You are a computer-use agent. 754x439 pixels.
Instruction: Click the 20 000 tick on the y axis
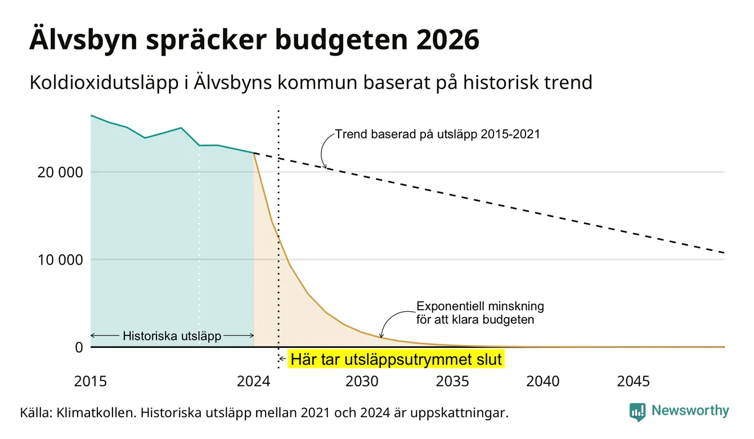click(60, 172)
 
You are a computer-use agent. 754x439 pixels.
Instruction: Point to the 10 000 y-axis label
click(60, 260)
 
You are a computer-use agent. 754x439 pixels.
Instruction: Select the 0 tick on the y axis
click(79, 347)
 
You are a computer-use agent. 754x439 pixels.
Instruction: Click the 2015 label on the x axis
click(90, 382)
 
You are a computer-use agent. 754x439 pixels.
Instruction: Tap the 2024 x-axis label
click(253, 382)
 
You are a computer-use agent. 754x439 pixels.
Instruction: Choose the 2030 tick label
click(362, 382)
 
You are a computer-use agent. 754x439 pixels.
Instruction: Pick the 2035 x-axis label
click(452, 382)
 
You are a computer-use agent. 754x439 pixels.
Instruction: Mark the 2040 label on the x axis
click(543, 382)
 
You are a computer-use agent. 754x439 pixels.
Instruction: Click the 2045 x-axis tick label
click(633, 382)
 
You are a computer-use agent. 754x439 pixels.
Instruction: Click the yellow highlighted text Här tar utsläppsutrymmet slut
click(396, 359)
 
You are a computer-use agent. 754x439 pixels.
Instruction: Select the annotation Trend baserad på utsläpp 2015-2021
click(438, 135)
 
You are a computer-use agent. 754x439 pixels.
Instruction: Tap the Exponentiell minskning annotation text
click(480, 306)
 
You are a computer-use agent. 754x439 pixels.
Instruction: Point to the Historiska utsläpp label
click(172, 336)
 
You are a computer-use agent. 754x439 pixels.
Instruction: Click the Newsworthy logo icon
click(638, 412)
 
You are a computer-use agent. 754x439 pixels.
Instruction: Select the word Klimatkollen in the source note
click(96, 413)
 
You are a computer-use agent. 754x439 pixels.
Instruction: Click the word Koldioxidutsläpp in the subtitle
click(104, 83)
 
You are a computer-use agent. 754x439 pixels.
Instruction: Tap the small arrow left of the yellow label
click(282, 359)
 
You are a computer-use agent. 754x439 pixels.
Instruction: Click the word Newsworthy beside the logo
click(690, 411)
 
